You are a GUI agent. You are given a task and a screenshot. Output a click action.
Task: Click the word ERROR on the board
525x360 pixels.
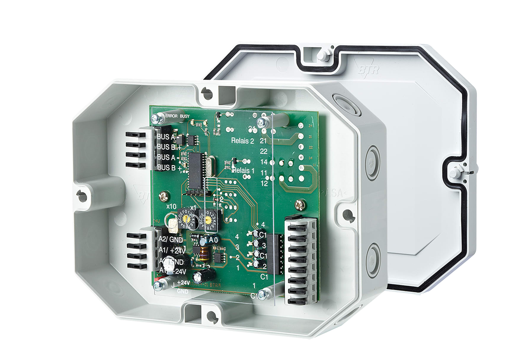[x=171, y=116]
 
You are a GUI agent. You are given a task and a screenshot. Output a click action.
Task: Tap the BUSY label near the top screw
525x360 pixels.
[x=184, y=116]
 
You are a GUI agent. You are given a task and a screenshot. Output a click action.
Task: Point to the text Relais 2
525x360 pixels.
[x=242, y=141]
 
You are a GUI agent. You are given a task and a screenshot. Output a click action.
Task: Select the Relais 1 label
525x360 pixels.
[x=244, y=171]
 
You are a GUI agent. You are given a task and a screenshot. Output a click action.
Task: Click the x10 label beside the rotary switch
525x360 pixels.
[x=171, y=206]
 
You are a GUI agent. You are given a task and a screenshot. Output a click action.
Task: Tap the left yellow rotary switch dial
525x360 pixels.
[x=186, y=219]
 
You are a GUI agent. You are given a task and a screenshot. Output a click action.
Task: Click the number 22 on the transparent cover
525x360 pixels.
[x=263, y=151]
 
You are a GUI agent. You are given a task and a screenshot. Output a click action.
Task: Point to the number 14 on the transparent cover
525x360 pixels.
[x=264, y=162]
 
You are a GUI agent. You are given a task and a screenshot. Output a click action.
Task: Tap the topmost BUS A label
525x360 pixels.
[x=167, y=137]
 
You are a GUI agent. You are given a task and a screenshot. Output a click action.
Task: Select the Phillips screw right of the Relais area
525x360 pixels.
[x=300, y=203]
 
